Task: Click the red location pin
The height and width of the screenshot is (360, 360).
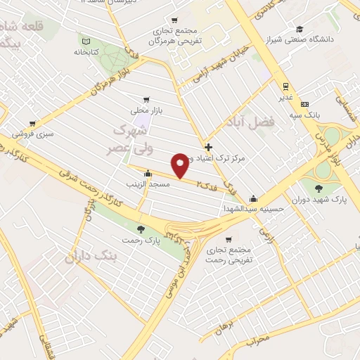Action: coord(181,164)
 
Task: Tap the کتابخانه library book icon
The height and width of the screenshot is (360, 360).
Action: coord(86,40)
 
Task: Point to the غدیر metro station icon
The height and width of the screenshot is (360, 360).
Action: coord(285,86)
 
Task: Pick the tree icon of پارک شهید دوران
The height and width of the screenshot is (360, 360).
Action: coord(320,188)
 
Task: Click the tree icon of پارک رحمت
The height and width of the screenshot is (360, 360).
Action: coord(142,229)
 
